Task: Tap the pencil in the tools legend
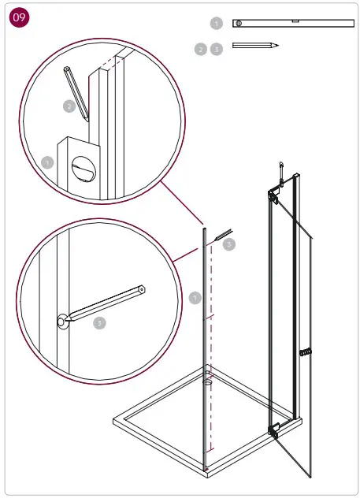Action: (x=255, y=46)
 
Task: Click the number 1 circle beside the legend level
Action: (x=217, y=24)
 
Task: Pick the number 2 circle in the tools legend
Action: (x=201, y=49)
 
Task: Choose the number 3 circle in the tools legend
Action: (x=217, y=49)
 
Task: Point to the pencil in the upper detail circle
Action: (x=76, y=91)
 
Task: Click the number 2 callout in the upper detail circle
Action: (x=69, y=105)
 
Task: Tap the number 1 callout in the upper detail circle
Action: (x=47, y=162)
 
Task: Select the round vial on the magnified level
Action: (x=81, y=168)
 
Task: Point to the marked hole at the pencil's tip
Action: (x=61, y=320)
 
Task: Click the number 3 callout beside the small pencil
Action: (x=229, y=245)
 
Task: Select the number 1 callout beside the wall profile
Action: (x=195, y=298)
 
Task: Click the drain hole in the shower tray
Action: (x=208, y=384)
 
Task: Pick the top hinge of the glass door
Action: (x=273, y=194)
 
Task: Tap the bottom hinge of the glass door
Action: (x=274, y=430)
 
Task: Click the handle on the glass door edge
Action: (x=306, y=351)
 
